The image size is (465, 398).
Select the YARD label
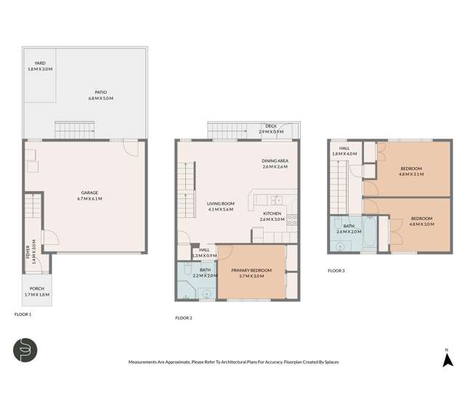(40, 63)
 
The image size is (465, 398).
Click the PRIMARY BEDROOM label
(251, 270)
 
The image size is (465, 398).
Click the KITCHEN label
(272, 214)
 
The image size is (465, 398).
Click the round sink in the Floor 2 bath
(206, 293)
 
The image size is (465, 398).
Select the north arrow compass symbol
(448, 357)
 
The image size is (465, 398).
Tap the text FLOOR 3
(336, 270)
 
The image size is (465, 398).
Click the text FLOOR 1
(23, 314)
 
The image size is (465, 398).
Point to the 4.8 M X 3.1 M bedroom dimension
(411, 174)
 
